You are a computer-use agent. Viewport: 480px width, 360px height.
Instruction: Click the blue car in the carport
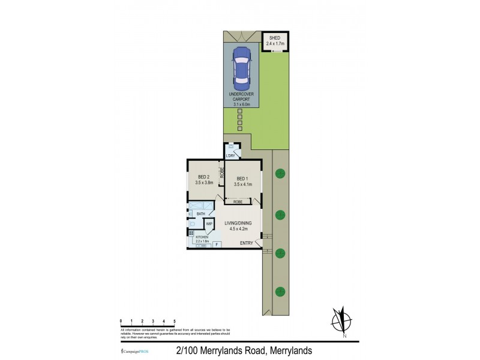(x=242, y=65)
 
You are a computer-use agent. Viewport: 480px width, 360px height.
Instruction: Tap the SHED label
(x=275, y=38)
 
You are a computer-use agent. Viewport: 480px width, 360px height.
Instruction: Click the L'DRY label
(x=230, y=156)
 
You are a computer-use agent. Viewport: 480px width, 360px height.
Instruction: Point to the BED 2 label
(x=203, y=177)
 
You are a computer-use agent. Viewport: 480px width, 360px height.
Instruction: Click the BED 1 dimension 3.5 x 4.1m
(x=242, y=185)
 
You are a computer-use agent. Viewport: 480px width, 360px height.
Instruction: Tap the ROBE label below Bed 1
(x=238, y=203)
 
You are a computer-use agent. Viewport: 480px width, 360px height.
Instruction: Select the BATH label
(x=201, y=214)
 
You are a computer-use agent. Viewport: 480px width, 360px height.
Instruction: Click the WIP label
(x=209, y=224)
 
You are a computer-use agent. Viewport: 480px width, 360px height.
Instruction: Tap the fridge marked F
(x=216, y=244)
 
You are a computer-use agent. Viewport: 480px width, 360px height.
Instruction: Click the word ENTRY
(x=246, y=243)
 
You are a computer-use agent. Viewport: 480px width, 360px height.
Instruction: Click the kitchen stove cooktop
(x=191, y=233)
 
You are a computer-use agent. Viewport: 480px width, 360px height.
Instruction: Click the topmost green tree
(x=279, y=175)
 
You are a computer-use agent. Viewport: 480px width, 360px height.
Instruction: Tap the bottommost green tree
(x=279, y=292)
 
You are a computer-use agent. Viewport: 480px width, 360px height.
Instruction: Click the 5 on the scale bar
(x=174, y=322)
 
